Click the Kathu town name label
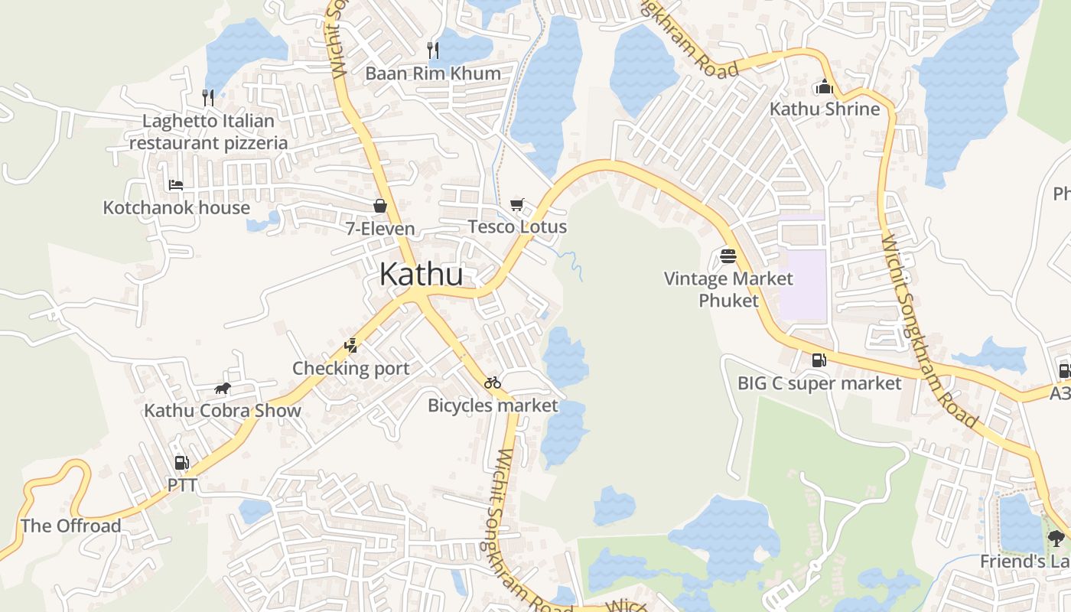click(x=421, y=275)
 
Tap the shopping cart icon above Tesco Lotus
click(x=517, y=204)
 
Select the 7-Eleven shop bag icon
click(x=380, y=206)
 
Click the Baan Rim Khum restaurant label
click(x=433, y=73)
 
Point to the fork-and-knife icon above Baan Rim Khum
click(x=433, y=50)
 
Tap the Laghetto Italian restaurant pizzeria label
click(x=208, y=132)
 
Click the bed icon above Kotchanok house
click(x=176, y=184)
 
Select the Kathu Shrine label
click(x=825, y=109)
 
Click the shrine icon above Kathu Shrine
click(x=824, y=86)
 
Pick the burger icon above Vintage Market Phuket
click(x=728, y=256)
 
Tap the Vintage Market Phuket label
click(x=728, y=289)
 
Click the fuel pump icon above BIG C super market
click(x=819, y=360)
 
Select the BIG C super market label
click(x=819, y=383)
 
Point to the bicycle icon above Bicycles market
click(x=493, y=382)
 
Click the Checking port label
click(x=351, y=368)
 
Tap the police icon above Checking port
click(x=351, y=346)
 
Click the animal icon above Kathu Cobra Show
click(x=223, y=389)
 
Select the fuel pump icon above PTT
click(x=182, y=463)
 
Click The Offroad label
click(x=71, y=526)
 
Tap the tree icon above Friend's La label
click(x=1056, y=539)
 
